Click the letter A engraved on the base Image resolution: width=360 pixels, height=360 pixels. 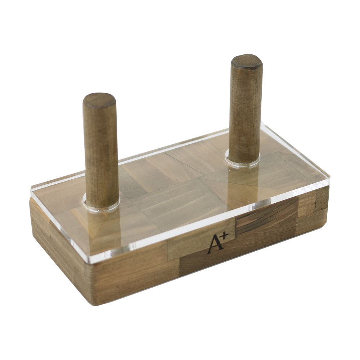(215, 246)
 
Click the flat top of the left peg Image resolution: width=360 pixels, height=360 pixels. (99, 100)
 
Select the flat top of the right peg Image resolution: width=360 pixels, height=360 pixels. (247, 62)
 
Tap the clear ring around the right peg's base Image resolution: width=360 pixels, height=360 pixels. (243, 159)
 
